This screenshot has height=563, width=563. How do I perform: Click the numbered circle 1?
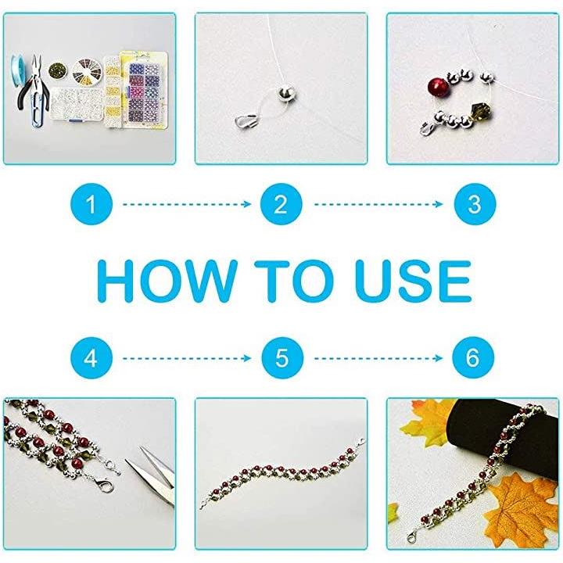91,204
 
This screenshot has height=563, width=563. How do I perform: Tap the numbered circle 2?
281,204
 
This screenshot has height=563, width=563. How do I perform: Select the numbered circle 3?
475,204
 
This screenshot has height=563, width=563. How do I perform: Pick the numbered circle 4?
91,358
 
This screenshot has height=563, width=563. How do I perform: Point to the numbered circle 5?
282,358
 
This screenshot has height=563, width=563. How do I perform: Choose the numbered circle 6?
473,357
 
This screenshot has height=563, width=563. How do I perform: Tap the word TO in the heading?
295,281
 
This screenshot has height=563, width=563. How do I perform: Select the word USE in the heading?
413,281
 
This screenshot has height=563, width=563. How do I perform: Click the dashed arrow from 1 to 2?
187,204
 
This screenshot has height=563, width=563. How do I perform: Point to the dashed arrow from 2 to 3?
378,204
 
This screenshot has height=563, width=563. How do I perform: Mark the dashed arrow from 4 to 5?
187,358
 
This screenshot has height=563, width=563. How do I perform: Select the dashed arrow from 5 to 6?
378,358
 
